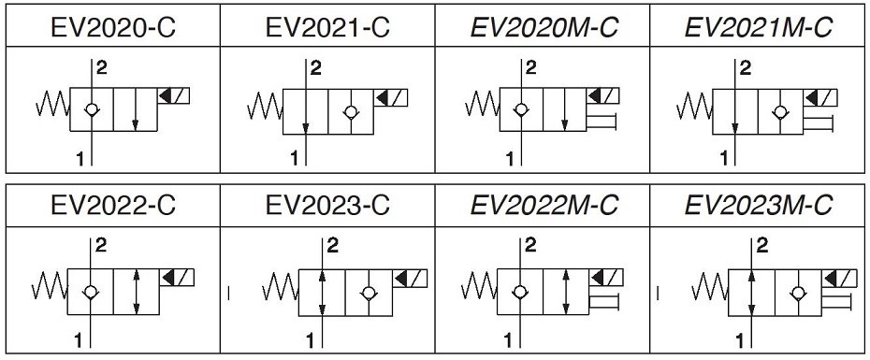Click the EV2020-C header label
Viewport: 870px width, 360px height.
112,27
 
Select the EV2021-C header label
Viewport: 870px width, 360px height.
327,27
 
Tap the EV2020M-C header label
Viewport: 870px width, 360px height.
544,27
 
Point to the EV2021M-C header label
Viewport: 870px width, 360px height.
759,27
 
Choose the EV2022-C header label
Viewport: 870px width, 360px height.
112,205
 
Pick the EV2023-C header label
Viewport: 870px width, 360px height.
327,205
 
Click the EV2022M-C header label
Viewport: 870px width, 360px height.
544,205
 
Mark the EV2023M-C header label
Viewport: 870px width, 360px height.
759,205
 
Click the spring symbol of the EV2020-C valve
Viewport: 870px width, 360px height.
53,105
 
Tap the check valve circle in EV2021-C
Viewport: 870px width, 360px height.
350,112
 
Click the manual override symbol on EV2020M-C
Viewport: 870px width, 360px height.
601,121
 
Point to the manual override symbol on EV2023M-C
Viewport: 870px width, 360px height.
835,302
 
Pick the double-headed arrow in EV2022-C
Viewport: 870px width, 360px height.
137,291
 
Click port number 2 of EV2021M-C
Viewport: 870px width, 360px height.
746,68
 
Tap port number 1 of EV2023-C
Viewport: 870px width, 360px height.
311,339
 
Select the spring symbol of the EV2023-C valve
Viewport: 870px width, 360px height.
282,286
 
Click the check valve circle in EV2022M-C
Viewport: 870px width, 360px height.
519,291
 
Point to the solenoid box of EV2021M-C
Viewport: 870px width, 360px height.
820,97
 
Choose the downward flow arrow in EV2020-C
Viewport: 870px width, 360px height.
136,109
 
